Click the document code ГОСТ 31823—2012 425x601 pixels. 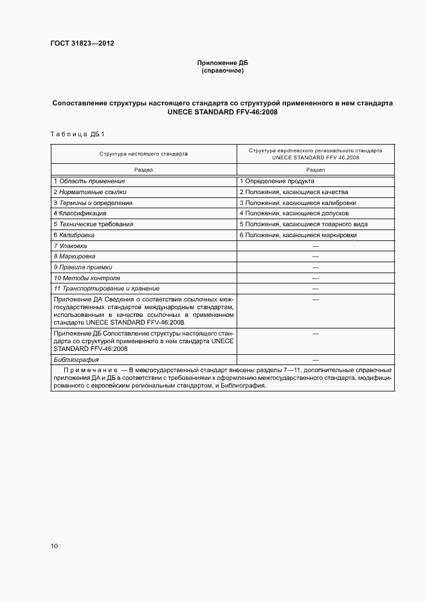pos(82,44)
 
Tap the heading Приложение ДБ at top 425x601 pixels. pos(222,62)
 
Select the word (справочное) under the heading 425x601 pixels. pos(222,70)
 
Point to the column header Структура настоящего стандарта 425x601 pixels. pos(143,154)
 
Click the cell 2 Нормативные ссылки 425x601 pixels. pos(90,192)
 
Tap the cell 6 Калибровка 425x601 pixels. pos(77,235)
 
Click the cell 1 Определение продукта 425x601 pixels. pos(277,182)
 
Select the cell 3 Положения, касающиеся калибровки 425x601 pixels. pos(298,202)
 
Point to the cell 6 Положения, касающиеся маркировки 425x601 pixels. pos(298,235)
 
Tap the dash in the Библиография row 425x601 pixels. pos(315,361)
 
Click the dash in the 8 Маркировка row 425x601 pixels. pos(315,256)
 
